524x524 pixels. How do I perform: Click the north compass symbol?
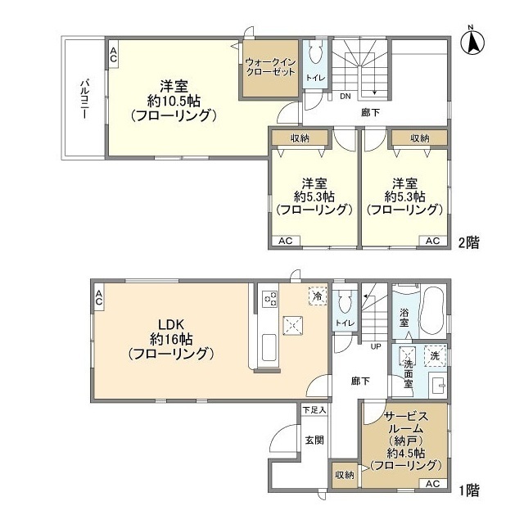point(472,41)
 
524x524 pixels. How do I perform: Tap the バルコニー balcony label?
point(85,99)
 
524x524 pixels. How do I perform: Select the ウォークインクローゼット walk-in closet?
point(270,68)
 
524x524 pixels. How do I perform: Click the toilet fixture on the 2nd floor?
point(315,52)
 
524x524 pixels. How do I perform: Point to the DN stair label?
point(346,97)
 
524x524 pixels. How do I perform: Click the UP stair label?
point(376,346)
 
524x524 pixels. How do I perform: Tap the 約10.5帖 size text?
point(174,101)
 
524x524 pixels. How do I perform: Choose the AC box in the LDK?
point(99,297)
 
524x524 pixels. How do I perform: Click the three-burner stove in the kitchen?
point(270,298)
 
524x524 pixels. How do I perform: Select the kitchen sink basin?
point(269,347)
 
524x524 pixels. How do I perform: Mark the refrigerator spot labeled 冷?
point(318,296)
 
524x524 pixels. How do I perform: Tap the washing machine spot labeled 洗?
point(435,355)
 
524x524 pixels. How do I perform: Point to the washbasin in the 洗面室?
point(437,386)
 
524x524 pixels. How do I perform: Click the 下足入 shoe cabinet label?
point(314,409)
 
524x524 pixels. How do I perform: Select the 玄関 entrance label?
point(314,440)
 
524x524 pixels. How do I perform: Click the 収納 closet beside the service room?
point(344,475)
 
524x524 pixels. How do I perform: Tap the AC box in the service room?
point(432,483)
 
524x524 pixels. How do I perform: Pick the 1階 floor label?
point(469,490)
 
